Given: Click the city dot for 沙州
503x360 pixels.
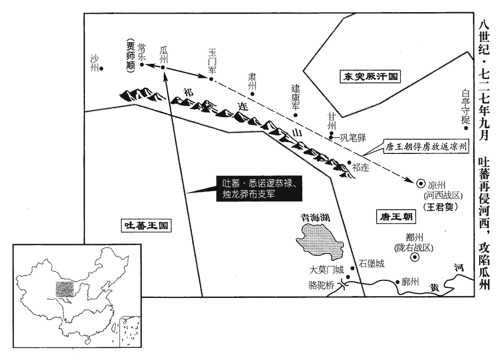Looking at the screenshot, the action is tap(101, 69).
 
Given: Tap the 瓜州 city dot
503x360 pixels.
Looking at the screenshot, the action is tap(163, 67).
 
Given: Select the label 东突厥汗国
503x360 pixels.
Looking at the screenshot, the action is tap(370, 76).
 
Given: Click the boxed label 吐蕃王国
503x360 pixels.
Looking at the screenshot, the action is tap(146, 226).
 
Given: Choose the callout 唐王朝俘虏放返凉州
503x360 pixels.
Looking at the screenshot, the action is tap(426, 147).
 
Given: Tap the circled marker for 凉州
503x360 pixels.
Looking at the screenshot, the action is tap(420, 183).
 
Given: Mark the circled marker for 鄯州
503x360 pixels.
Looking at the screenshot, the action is tap(415, 257).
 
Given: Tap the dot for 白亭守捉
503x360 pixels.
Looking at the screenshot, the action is tap(466, 128).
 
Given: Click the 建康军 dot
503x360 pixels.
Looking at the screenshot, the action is tap(296, 115).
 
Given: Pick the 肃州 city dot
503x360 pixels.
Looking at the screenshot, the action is tap(252, 94).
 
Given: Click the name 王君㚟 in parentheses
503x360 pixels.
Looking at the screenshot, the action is tap(440, 207).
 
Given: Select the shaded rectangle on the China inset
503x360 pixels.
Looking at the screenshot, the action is tap(64, 289).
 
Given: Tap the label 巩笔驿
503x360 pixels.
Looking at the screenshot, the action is tap(353, 138).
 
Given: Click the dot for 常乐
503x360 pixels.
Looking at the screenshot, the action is tap(142, 64).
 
